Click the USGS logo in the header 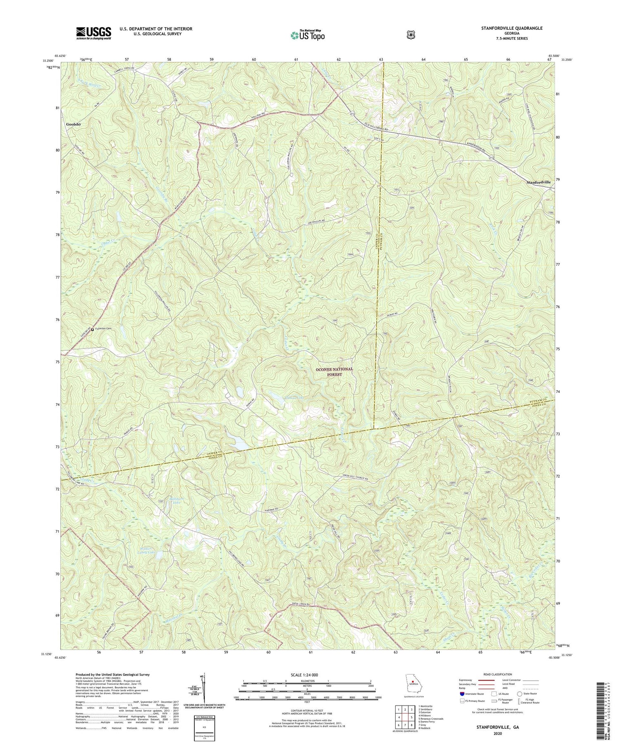93,33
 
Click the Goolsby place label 74,124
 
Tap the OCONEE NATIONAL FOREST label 334,371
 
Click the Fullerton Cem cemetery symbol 92,329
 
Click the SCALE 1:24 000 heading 306,675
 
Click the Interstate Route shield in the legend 462,694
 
